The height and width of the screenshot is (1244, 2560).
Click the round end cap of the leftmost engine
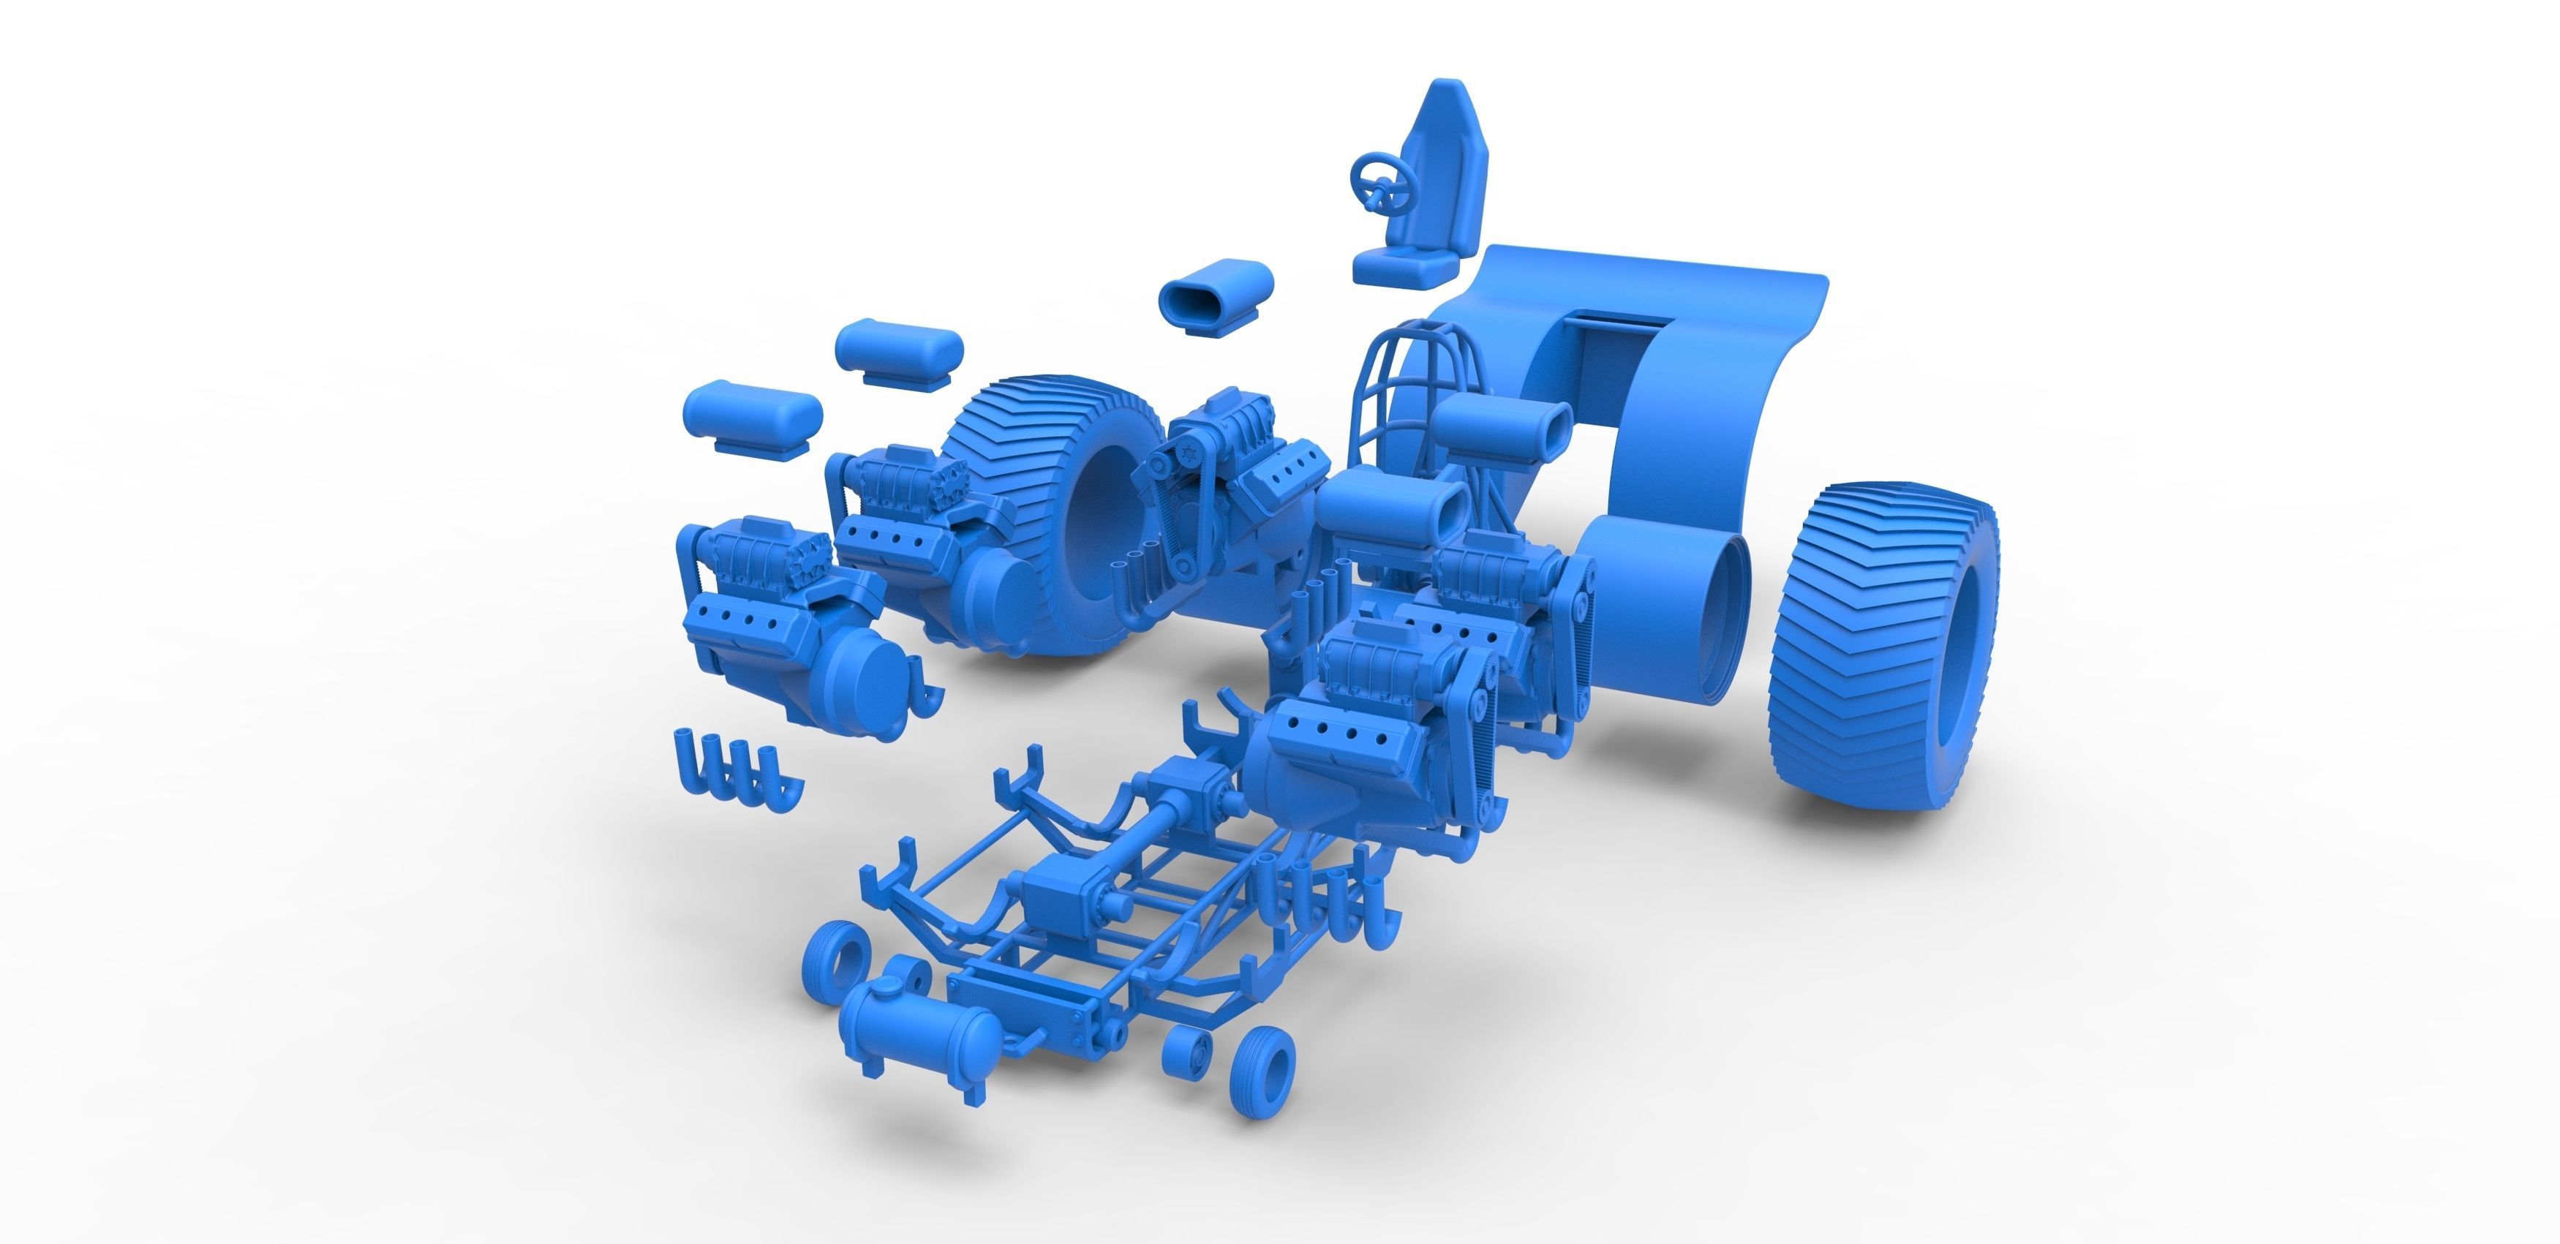tap(862, 685)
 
